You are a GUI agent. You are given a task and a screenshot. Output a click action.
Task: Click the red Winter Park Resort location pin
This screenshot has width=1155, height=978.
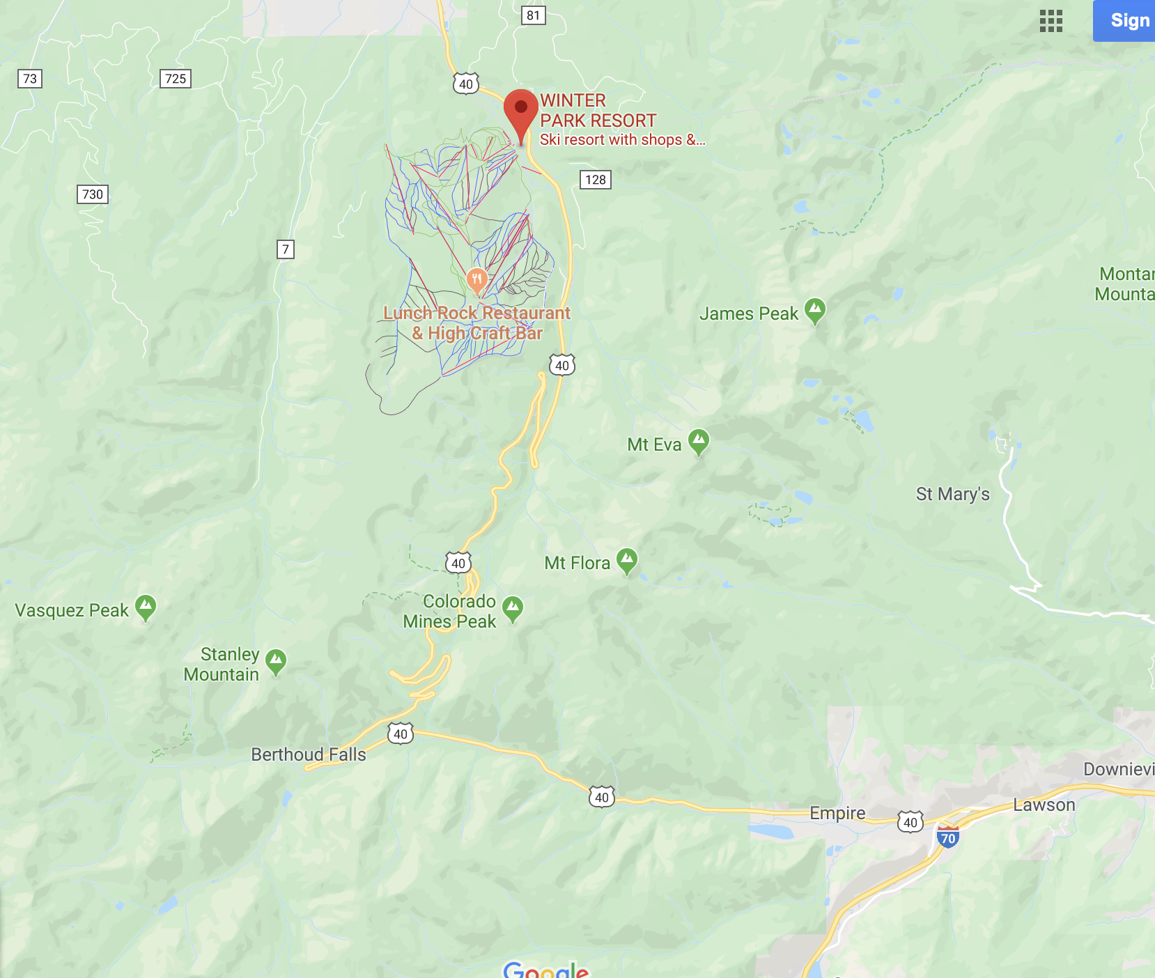point(521,111)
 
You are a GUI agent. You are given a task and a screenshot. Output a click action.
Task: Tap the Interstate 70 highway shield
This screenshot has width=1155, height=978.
point(948,837)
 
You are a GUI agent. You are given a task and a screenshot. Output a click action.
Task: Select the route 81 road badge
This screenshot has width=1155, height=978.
point(533,15)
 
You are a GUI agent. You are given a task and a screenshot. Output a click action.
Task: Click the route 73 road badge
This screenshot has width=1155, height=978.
point(30,79)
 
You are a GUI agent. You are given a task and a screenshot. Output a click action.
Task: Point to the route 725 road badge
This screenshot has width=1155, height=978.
point(176,79)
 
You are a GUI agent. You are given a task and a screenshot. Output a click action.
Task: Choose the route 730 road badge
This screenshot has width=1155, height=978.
point(93,194)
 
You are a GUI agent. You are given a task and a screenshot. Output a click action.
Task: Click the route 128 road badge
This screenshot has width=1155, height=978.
point(596,180)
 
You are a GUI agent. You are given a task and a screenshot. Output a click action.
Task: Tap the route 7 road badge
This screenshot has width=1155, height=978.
point(286,249)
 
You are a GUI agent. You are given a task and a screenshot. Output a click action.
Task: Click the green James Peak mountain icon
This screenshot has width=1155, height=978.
point(815,311)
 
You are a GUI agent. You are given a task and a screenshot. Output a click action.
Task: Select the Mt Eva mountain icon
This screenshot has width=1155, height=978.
point(699,442)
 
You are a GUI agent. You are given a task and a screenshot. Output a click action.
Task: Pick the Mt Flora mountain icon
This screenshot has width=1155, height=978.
point(628,560)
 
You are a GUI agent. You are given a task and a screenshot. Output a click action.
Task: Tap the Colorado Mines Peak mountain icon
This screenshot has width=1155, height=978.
point(513,608)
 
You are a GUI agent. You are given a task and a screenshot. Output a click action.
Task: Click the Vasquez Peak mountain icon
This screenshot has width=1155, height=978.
point(146,607)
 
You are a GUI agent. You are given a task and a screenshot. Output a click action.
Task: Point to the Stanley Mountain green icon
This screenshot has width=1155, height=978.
point(276,661)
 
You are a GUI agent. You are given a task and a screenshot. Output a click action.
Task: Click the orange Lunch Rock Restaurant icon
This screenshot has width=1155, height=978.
point(476,281)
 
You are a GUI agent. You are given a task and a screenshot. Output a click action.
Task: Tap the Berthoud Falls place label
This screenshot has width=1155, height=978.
point(309,754)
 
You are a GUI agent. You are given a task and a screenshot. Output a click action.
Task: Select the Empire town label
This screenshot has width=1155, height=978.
point(837,813)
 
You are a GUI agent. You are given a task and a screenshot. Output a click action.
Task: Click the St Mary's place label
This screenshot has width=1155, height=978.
point(952,494)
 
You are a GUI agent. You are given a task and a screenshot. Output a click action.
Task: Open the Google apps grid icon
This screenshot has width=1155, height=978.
point(1051,21)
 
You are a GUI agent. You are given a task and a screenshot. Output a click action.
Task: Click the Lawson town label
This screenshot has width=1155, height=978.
point(1044,805)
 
